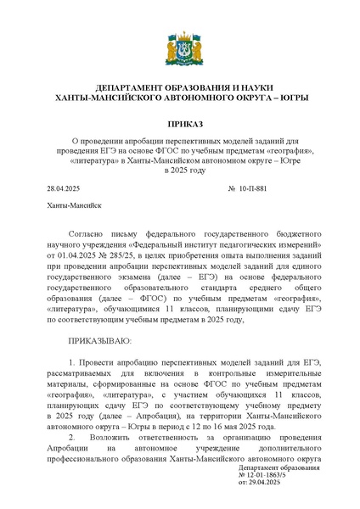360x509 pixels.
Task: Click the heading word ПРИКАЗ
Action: pyautogui.click(x=179, y=125)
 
